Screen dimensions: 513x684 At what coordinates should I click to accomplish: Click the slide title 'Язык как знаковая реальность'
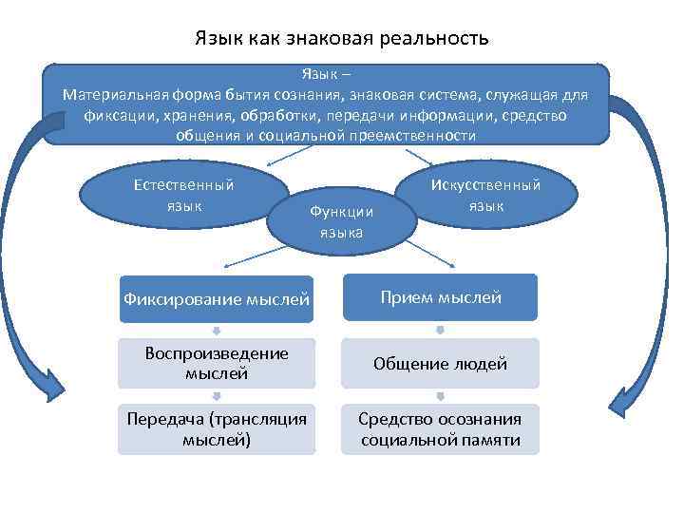point(341,39)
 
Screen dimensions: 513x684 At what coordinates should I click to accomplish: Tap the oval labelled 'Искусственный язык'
point(485,195)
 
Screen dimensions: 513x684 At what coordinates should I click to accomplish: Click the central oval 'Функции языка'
point(341,221)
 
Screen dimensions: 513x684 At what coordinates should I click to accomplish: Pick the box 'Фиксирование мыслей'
point(217,299)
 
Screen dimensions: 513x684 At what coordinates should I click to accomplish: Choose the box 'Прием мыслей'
point(440,297)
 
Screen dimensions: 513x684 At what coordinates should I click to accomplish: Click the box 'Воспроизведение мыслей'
point(217,363)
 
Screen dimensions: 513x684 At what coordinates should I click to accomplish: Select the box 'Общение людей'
point(440,363)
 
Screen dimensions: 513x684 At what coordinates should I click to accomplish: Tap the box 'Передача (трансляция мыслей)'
point(217,429)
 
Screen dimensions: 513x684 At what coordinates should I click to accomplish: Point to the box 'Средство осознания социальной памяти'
point(440,429)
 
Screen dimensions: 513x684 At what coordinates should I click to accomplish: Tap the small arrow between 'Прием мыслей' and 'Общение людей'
point(440,331)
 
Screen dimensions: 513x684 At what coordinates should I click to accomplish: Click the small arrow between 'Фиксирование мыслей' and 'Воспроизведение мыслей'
point(217,331)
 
